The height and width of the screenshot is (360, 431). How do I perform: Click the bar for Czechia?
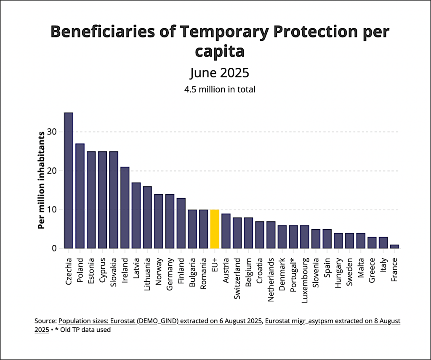coord(69,180)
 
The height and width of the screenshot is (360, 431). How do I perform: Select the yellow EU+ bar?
coord(215,229)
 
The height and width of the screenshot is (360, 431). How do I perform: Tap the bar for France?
coord(395,246)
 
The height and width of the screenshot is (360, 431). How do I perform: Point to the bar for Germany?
coord(170,221)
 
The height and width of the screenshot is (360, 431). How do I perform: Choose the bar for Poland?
coord(80,196)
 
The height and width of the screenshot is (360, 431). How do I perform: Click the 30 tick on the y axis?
coord(52,132)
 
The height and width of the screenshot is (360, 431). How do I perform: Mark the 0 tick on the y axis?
coord(55,249)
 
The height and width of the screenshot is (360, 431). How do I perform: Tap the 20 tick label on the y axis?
coord(52,171)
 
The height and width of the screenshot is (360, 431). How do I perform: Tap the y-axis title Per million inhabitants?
coord(41,180)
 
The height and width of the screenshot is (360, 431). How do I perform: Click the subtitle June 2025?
coord(219,73)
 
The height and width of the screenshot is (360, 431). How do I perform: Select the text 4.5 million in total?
coord(219,89)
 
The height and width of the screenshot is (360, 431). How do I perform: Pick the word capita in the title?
coord(219,51)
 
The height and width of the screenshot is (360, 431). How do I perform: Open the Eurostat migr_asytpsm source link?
coord(333,321)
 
